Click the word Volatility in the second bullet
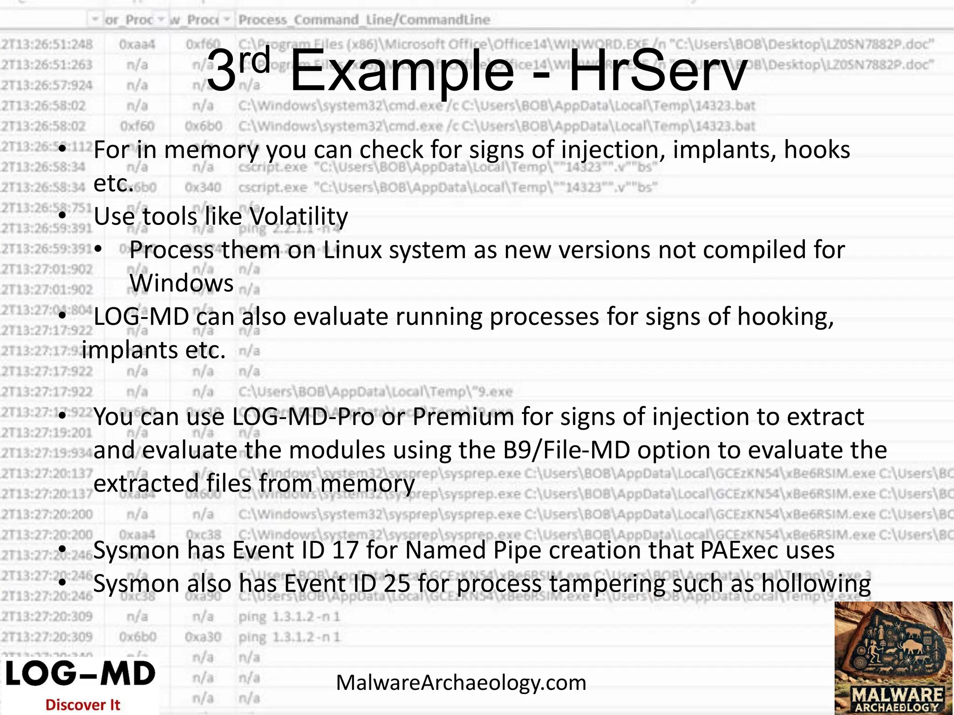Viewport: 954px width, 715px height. [299, 216]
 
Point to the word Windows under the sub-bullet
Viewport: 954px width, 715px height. [182, 283]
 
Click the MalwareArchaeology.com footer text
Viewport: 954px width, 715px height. [461, 683]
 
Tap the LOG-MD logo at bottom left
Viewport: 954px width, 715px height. [80, 674]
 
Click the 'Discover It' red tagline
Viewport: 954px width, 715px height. [83, 705]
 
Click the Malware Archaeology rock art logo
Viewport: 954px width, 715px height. [893, 657]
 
